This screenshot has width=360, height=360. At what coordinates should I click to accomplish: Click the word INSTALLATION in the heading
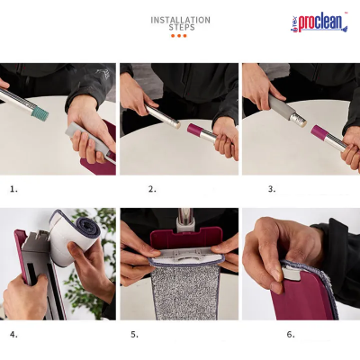tap(180, 19)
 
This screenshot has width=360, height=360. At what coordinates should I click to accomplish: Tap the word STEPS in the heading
tap(181, 28)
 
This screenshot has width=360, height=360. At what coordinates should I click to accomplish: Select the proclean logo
tap(319, 22)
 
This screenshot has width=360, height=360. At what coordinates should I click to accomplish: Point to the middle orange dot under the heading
tap(180, 36)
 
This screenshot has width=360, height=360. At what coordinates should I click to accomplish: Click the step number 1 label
tap(13, 189)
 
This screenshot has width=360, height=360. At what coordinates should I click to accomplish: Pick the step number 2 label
tap(152, 189)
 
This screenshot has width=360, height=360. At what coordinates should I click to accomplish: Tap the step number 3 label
tap(271, 189)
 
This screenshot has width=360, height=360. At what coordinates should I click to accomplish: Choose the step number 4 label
tap(13, 334)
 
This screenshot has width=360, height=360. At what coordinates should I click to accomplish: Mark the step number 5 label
tap(134, 334)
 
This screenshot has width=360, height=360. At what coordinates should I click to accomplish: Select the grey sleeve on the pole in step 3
tap(287, 110)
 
